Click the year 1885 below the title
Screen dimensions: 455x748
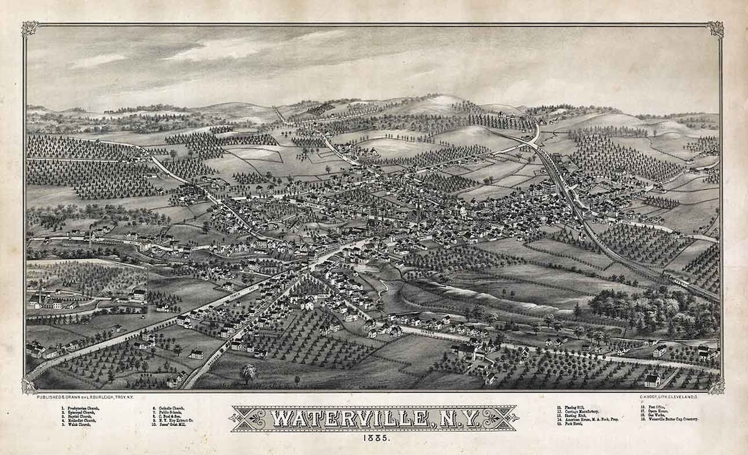pos(373,440)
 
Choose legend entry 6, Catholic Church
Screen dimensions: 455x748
pos(170,407)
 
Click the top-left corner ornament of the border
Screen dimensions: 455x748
pos(30,29)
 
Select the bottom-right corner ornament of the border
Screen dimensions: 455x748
pos(715,385)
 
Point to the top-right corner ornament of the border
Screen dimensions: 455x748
pos(715,29)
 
